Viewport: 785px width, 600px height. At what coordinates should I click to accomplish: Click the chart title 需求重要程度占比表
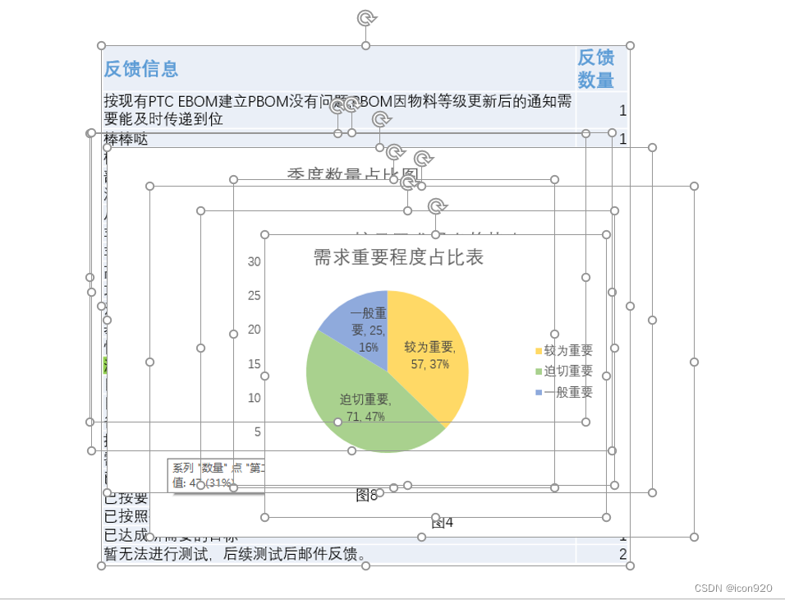tap(398, 257)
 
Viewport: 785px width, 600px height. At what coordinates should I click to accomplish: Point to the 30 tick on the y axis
tap(255, 261)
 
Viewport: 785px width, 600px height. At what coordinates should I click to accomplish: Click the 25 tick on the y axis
tap(255, 296)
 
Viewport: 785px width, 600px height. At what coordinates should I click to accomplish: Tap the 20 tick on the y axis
tap(255, 330)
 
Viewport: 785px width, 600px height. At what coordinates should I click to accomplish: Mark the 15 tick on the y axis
tap(255, 364)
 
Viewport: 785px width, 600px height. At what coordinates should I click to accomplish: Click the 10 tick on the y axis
tap(255, 398)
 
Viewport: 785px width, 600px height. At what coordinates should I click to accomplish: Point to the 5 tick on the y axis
tap(257, 432)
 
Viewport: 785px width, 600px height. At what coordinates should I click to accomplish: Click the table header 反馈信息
tap(141, 69)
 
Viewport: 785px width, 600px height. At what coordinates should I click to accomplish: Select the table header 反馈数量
tap(595, 69)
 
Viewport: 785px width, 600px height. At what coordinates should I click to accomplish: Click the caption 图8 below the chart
tap(366, 495)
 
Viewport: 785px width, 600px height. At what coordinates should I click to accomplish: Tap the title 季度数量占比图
tap(353, 174)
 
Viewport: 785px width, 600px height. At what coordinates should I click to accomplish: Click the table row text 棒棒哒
tap(126, 140)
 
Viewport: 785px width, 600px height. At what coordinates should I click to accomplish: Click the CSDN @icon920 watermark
tap(732, 588)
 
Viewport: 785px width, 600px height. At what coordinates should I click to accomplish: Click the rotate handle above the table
tap(365, 17)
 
